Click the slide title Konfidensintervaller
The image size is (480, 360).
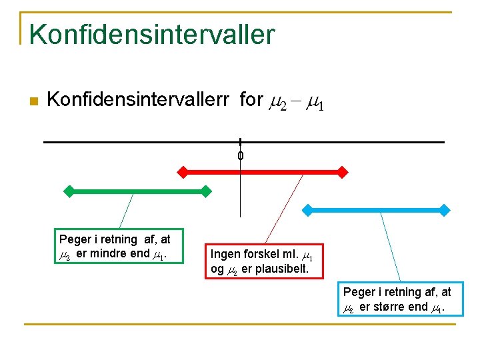151,35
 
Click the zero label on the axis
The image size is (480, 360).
240,156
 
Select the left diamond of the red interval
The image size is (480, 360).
183,172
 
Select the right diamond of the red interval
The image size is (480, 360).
343,172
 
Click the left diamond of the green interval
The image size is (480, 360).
68,191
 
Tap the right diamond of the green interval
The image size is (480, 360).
206,191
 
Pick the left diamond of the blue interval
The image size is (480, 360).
306,210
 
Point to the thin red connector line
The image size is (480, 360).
285,207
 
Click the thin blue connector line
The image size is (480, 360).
390,247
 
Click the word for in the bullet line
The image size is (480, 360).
251,100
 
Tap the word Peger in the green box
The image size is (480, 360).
74,239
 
